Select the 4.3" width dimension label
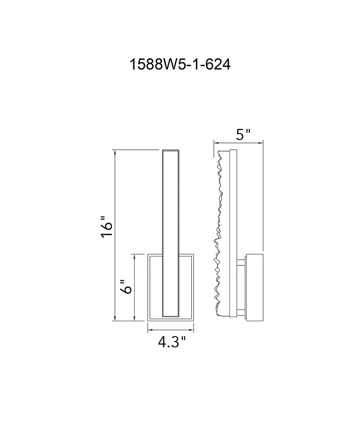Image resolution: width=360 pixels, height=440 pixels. pyautogui.click(x=171, y=343)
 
